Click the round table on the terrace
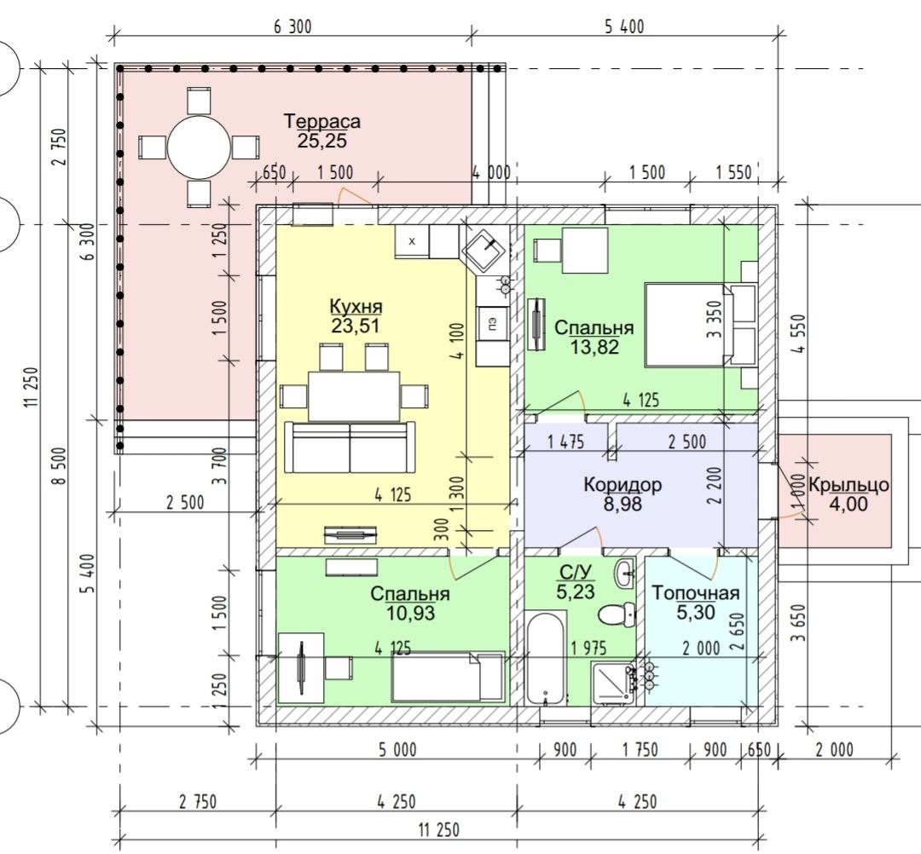tap(199, 147)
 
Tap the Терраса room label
tap(322, 122)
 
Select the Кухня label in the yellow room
tap(356, 307)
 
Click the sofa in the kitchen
tap(350, 447)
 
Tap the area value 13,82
tap(594, 345)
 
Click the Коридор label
tap(623, 485)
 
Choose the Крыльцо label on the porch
tap(849, 485)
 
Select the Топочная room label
tap(695, 593)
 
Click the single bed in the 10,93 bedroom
tap(447, 676)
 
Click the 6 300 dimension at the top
tap(293, 26)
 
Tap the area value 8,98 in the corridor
tap(623, 504)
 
